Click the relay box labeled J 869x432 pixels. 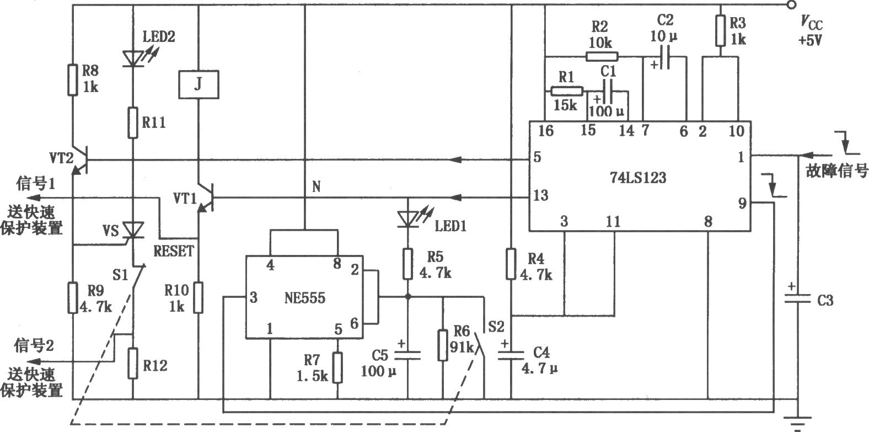[199, 84]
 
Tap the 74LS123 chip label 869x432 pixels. [638, 178]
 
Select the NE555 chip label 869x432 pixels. [305, 298]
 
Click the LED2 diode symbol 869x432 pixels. [133, 58]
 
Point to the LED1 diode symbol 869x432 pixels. [408, 219]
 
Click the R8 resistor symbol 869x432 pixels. [73, 81]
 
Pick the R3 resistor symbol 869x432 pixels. [721, 31]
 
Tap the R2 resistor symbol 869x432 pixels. [602, 57]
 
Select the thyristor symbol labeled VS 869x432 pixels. [133, 230]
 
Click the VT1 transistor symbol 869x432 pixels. [206, 198]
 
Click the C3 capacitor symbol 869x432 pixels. [798, 299]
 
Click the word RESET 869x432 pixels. [173, 251]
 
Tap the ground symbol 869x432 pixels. [798, 423]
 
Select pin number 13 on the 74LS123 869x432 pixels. [541, 195]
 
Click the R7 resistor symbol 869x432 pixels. [337, 367]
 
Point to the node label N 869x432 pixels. [317, 186]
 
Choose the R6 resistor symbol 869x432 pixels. [443, 345]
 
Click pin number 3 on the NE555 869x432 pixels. [253, 297]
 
